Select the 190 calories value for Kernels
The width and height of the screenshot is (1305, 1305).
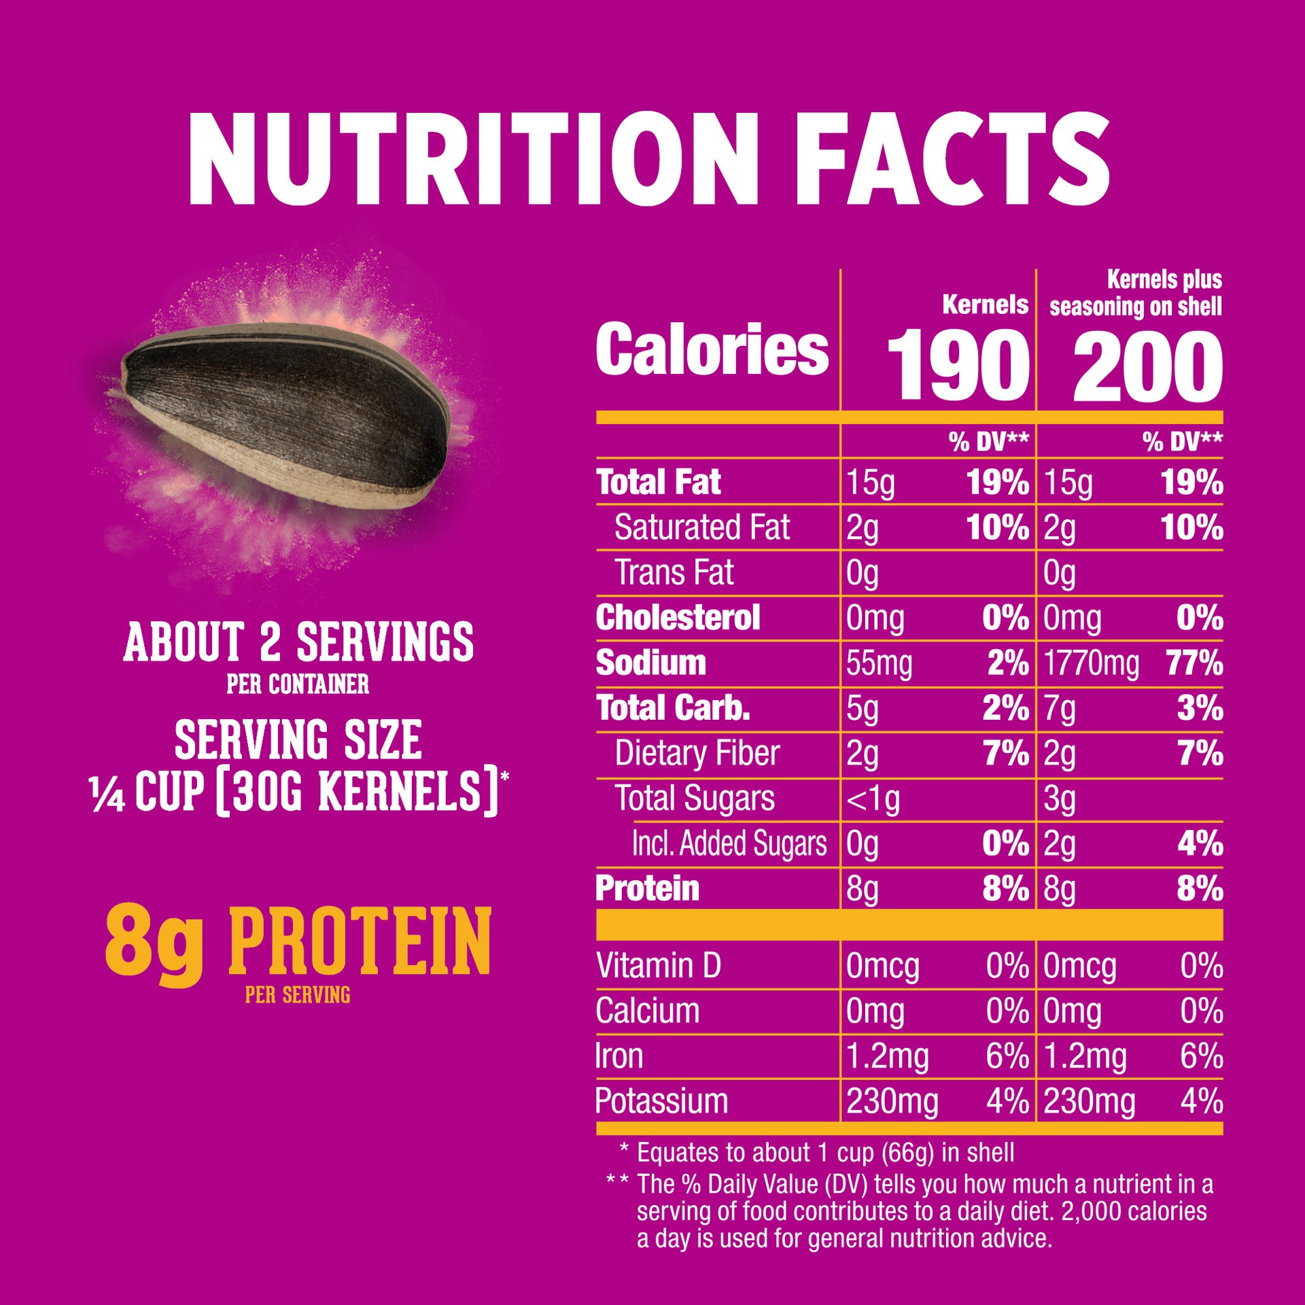[956, 366]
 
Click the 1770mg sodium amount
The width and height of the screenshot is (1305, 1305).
[1091, 663]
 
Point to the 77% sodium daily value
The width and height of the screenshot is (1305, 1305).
[1195, 663]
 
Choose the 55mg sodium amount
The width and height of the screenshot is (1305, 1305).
[879, 663]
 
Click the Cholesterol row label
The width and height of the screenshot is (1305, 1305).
[678, 618]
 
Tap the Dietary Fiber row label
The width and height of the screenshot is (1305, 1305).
[697, 753]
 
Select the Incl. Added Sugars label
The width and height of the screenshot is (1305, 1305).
[729, 843]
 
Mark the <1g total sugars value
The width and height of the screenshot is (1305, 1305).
[873, 799]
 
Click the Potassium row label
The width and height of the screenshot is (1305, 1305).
[661, 1100]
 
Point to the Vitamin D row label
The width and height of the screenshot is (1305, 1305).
[658, 965]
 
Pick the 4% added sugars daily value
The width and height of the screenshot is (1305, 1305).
[1200, 843]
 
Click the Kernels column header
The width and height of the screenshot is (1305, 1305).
[985, 305]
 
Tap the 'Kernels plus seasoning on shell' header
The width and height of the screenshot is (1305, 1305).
[1136, 293]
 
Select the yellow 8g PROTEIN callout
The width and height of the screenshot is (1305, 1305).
[298, 945]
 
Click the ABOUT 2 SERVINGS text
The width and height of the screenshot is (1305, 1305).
[298, 642]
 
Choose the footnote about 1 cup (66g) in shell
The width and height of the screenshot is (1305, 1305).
[824, 1152]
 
